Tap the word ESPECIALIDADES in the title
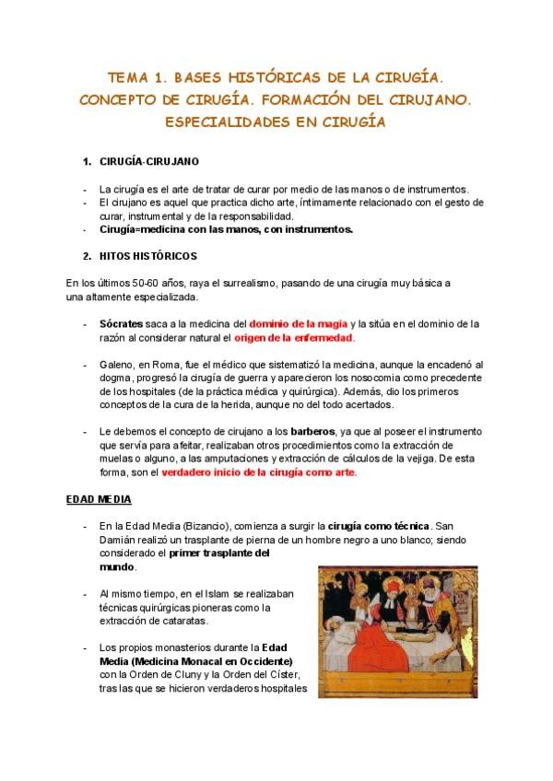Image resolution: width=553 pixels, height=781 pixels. [224, 121]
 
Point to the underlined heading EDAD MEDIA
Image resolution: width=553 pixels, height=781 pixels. [99, 499]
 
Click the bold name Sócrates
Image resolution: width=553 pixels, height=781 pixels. [120, 324]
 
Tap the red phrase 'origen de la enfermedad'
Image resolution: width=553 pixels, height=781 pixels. [300, 338]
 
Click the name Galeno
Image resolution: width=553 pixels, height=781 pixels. [117, 365]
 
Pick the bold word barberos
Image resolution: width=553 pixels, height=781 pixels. [315, 431]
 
